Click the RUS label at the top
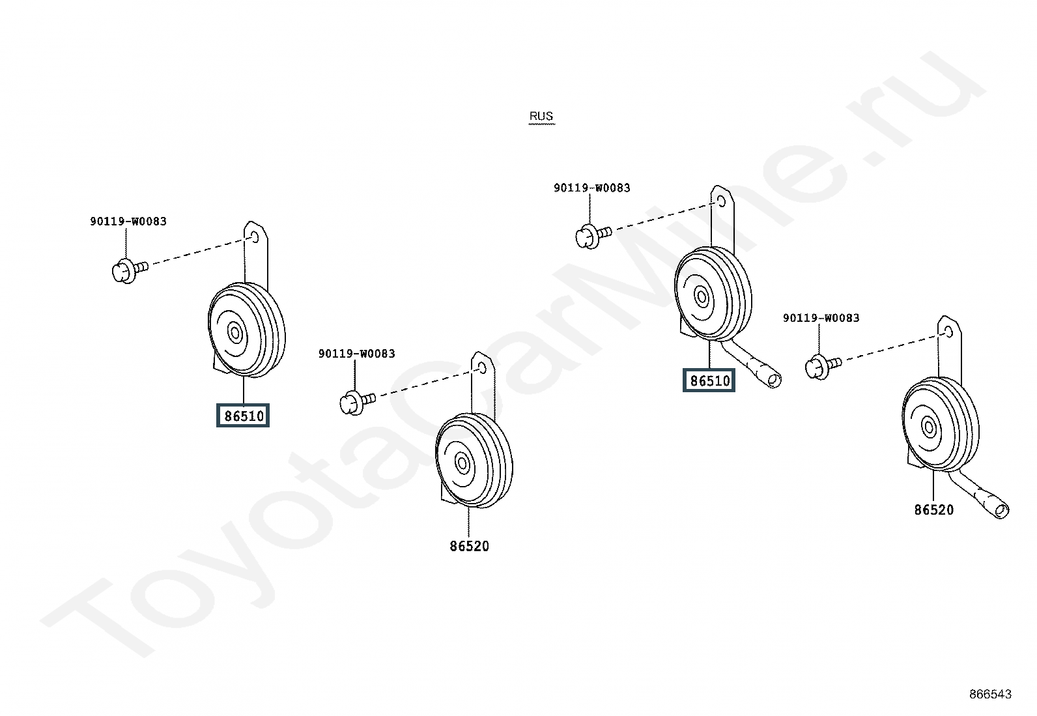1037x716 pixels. [x=541, y=116]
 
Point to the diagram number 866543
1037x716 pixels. [x=990, y=694]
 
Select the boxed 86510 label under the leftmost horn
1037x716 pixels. [x=243, y=416]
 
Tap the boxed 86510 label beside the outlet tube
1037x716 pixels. [x=709, y=380]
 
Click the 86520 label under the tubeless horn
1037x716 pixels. [x=470, y=546]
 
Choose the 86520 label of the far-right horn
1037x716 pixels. [x=934, y=510]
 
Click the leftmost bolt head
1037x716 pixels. [x=124, y=272]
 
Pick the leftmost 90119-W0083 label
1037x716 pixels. [x=128, y=222]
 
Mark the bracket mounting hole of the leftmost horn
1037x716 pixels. [x=254, y=237]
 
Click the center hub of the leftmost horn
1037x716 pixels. [x=234, y=333]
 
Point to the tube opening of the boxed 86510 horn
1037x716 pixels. [x=774, y=380]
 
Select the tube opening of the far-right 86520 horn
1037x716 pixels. [x=1001, y=511]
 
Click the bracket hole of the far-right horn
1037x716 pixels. [x=948, y=332]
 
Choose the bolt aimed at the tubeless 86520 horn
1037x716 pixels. [x=358, y=403]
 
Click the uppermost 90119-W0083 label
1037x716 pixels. [x=592, y=188]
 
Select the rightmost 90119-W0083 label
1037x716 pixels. [x=821, y=318]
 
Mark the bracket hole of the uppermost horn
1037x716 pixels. [x=721, y=201]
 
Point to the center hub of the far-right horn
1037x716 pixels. [x=929, y=427]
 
